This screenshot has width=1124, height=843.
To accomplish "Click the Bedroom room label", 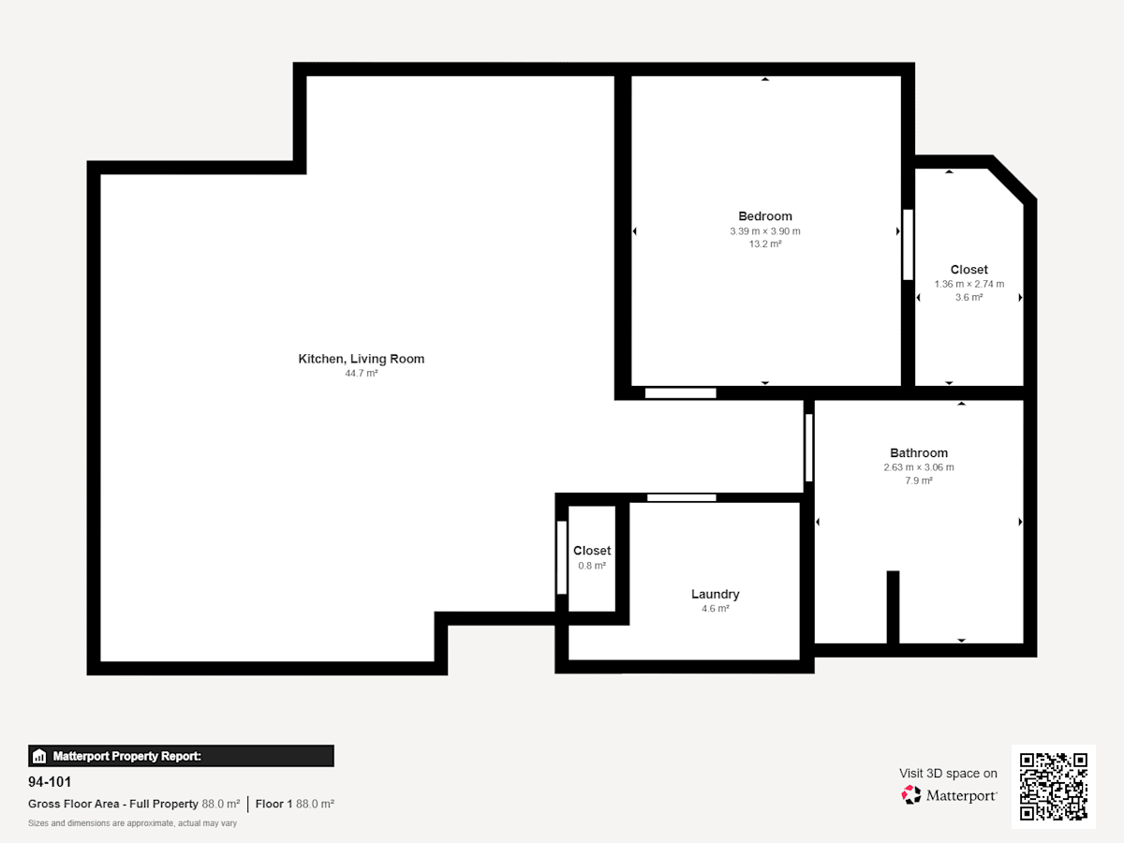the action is click(x=765, y=216).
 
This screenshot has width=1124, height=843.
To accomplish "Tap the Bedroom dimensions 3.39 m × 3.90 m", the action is click(x=765, y=231).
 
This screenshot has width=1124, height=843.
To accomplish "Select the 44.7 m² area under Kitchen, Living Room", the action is click(x=361, y=373).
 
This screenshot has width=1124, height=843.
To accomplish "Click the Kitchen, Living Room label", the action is click(x=361, y=359).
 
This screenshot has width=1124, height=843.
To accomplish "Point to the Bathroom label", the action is click(x=919, y=453).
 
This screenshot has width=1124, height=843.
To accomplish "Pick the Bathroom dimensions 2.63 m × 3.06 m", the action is click(x=919, y=467).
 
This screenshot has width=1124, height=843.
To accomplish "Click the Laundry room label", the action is click(x=716, y=594).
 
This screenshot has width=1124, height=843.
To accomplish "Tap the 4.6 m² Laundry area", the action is click(x=716, y=609).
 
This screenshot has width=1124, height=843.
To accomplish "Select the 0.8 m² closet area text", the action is click(x=592, y=566).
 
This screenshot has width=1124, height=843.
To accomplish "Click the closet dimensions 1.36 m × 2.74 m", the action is click(x=969, y=284).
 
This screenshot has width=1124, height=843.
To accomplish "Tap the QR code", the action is click(x=1054, y=786).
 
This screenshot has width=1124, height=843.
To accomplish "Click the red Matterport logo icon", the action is click(x=911, y=795).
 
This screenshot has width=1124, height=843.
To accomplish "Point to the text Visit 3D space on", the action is click(x=948, y=774).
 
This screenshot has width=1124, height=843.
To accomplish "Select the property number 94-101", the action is click(x=50, y=782).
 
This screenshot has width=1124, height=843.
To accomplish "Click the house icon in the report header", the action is click(x=39, y=756).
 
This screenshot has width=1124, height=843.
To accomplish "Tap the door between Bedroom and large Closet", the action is click(x=908, y=244).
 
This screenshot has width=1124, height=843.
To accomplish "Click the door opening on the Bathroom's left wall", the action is click(x=809, y=448).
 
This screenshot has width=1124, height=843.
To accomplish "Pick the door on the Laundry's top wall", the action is click(x=682, y=497).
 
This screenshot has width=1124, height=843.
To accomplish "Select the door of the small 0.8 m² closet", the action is click(x=562, y=557).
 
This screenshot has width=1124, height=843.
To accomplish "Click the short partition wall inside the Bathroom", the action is click(x=893, y=608).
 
